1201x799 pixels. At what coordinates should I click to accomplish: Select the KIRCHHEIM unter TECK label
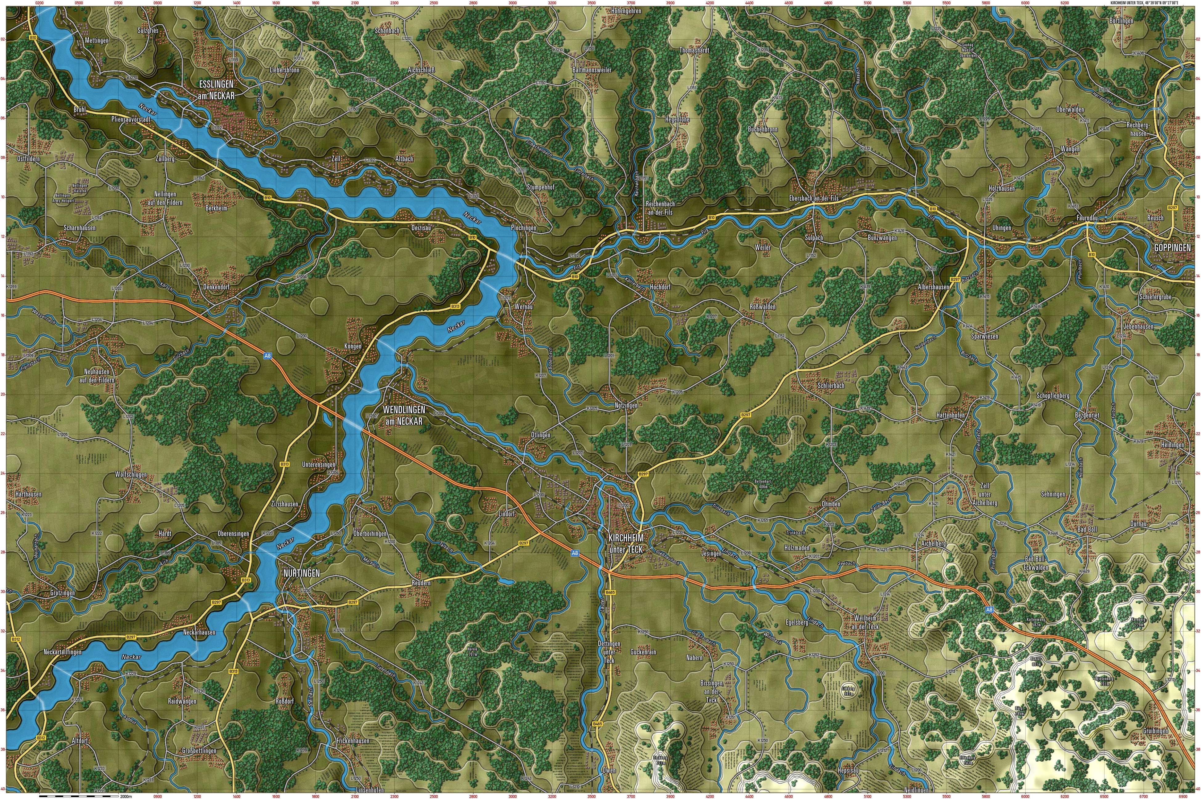[625, 543]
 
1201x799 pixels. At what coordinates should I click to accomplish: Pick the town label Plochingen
[523, 228]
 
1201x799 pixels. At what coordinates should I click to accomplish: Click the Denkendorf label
[217, 287]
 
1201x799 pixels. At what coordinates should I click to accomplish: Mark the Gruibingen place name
[1154, 731]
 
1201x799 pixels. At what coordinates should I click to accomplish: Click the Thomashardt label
[694, 51]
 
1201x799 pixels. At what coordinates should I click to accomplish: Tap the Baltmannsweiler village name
[592, 70]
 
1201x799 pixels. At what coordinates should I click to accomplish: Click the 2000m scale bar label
[125, 795]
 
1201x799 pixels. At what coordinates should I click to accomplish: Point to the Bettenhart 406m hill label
[763, 484]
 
